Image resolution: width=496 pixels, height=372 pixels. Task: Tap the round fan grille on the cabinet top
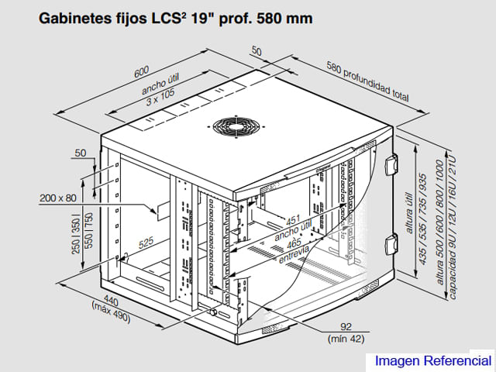pos(236,126)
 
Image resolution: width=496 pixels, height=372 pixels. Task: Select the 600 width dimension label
pos(141,71)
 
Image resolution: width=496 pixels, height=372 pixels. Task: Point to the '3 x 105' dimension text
pos(160,97)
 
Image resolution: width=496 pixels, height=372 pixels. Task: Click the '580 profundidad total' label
pos(367,81)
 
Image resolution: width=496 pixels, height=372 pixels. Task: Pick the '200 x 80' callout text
pos(58,198)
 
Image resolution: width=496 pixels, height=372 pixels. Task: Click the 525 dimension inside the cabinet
pos(146,243)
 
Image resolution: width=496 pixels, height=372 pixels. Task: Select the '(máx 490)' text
pos(111,312)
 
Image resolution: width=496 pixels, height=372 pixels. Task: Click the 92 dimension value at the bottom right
pos(346,326)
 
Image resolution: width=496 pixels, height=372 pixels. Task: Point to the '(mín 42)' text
pos(346,339)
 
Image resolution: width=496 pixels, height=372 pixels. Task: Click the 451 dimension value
pos(293,220)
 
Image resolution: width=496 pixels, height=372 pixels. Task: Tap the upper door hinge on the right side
pos(391,164)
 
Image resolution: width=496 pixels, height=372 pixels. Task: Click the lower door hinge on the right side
pos(391,244)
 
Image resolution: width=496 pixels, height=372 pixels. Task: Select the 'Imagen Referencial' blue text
pos(433,360)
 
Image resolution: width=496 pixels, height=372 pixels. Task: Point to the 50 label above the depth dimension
pos(257,50)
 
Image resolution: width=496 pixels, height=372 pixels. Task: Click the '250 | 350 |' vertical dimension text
pos(76,234)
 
